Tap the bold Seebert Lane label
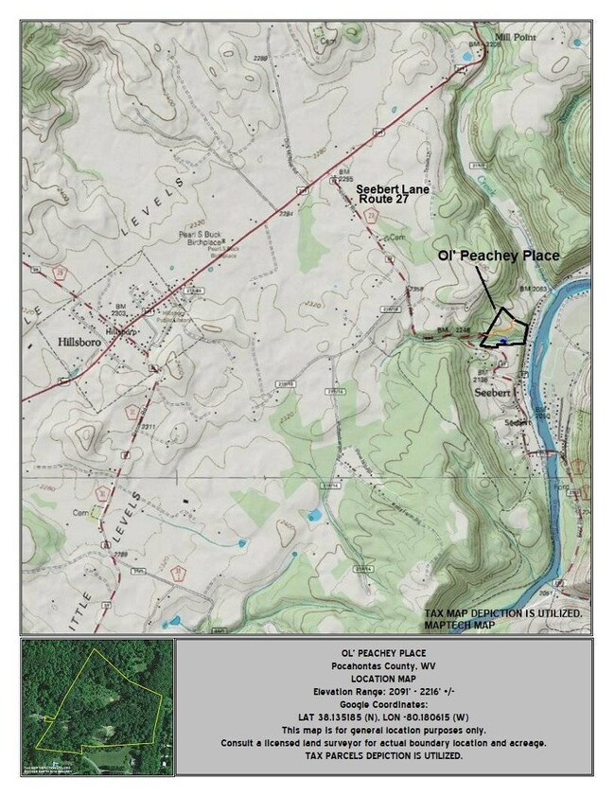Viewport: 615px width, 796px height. pyautogui.click(x=393, y=190)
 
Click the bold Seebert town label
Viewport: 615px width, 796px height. pyautogui.click(x=492, y=390)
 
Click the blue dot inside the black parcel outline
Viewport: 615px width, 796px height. pyautogui.click(x=505, y=340)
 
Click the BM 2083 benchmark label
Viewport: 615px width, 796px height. pyautogui.click(x=534, y=287)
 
